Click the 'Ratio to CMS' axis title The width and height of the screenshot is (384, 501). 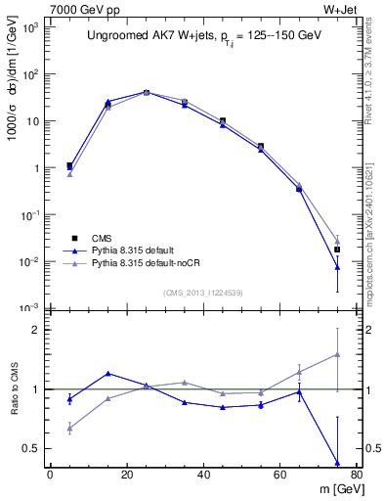15,403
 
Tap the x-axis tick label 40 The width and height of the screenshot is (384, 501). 202,474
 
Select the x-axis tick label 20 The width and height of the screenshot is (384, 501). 126,474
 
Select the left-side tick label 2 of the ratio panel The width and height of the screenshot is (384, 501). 36,330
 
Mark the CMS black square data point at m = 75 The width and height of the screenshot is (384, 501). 336,250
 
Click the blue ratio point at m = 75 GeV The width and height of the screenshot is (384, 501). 336,463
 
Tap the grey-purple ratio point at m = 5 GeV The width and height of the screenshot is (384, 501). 69,428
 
